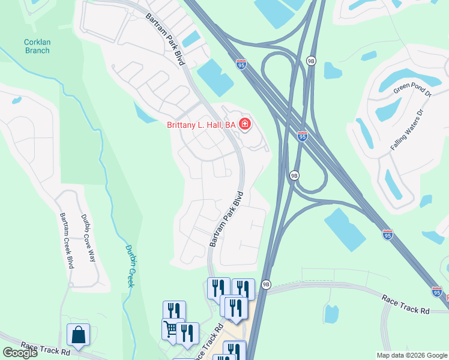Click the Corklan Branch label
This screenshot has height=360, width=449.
tap(37, 46)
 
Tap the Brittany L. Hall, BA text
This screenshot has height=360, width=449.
tap(200, 125)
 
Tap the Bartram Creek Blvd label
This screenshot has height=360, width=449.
tap(66, 240)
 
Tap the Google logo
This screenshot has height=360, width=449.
tap(20, 353)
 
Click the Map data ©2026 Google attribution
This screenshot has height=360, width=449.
tap(412, 355)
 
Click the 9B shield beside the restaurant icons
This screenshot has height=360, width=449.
tap(266, 284)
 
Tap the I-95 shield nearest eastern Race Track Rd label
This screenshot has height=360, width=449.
tap(437, 291)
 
